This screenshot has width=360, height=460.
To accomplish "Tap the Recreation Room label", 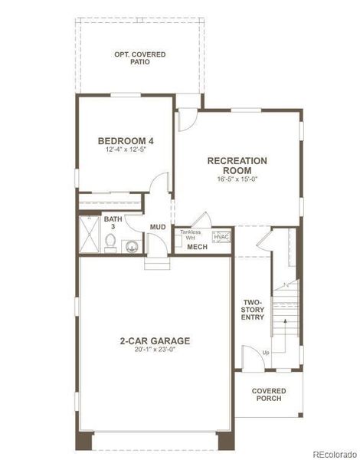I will (237, 166).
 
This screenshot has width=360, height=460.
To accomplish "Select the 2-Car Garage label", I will (154, 340).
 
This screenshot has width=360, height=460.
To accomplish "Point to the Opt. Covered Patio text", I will (139, 58).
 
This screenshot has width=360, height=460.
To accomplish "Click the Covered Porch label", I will (269, 395).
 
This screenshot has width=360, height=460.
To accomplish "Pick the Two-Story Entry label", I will (254, 309).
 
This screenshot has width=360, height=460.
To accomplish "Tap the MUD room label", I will (159, 227).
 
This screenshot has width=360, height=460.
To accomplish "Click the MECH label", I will (197, 247).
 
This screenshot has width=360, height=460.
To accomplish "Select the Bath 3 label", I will (112, 223).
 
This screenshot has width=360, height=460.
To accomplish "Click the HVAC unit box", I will (221, 237).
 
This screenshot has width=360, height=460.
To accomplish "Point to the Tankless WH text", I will (190, 235).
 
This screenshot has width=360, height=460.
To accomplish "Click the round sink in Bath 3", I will (133, 246).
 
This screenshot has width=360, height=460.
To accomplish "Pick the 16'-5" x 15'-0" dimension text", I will (237, 179).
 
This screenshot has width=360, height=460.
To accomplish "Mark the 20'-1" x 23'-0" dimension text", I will (154, 350).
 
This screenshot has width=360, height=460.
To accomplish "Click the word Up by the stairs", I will (265, 352).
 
